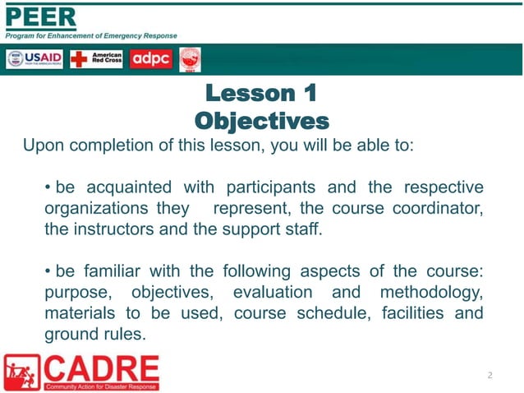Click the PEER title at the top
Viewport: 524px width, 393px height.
click(x=41, y=16)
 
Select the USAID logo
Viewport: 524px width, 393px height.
click(x=35, y=59)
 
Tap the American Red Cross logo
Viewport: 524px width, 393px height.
click(x=96, y=59)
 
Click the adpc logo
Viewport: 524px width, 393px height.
click(x=150, y=59)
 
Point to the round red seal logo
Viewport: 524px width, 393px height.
click(x=190, y=59)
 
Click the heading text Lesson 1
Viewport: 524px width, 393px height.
click(x=261, y=92)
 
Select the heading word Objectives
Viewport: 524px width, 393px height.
click(x=261, y=121)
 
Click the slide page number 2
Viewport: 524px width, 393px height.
click(x=490, y=376)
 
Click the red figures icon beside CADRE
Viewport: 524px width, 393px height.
click(x=21, y=372)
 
